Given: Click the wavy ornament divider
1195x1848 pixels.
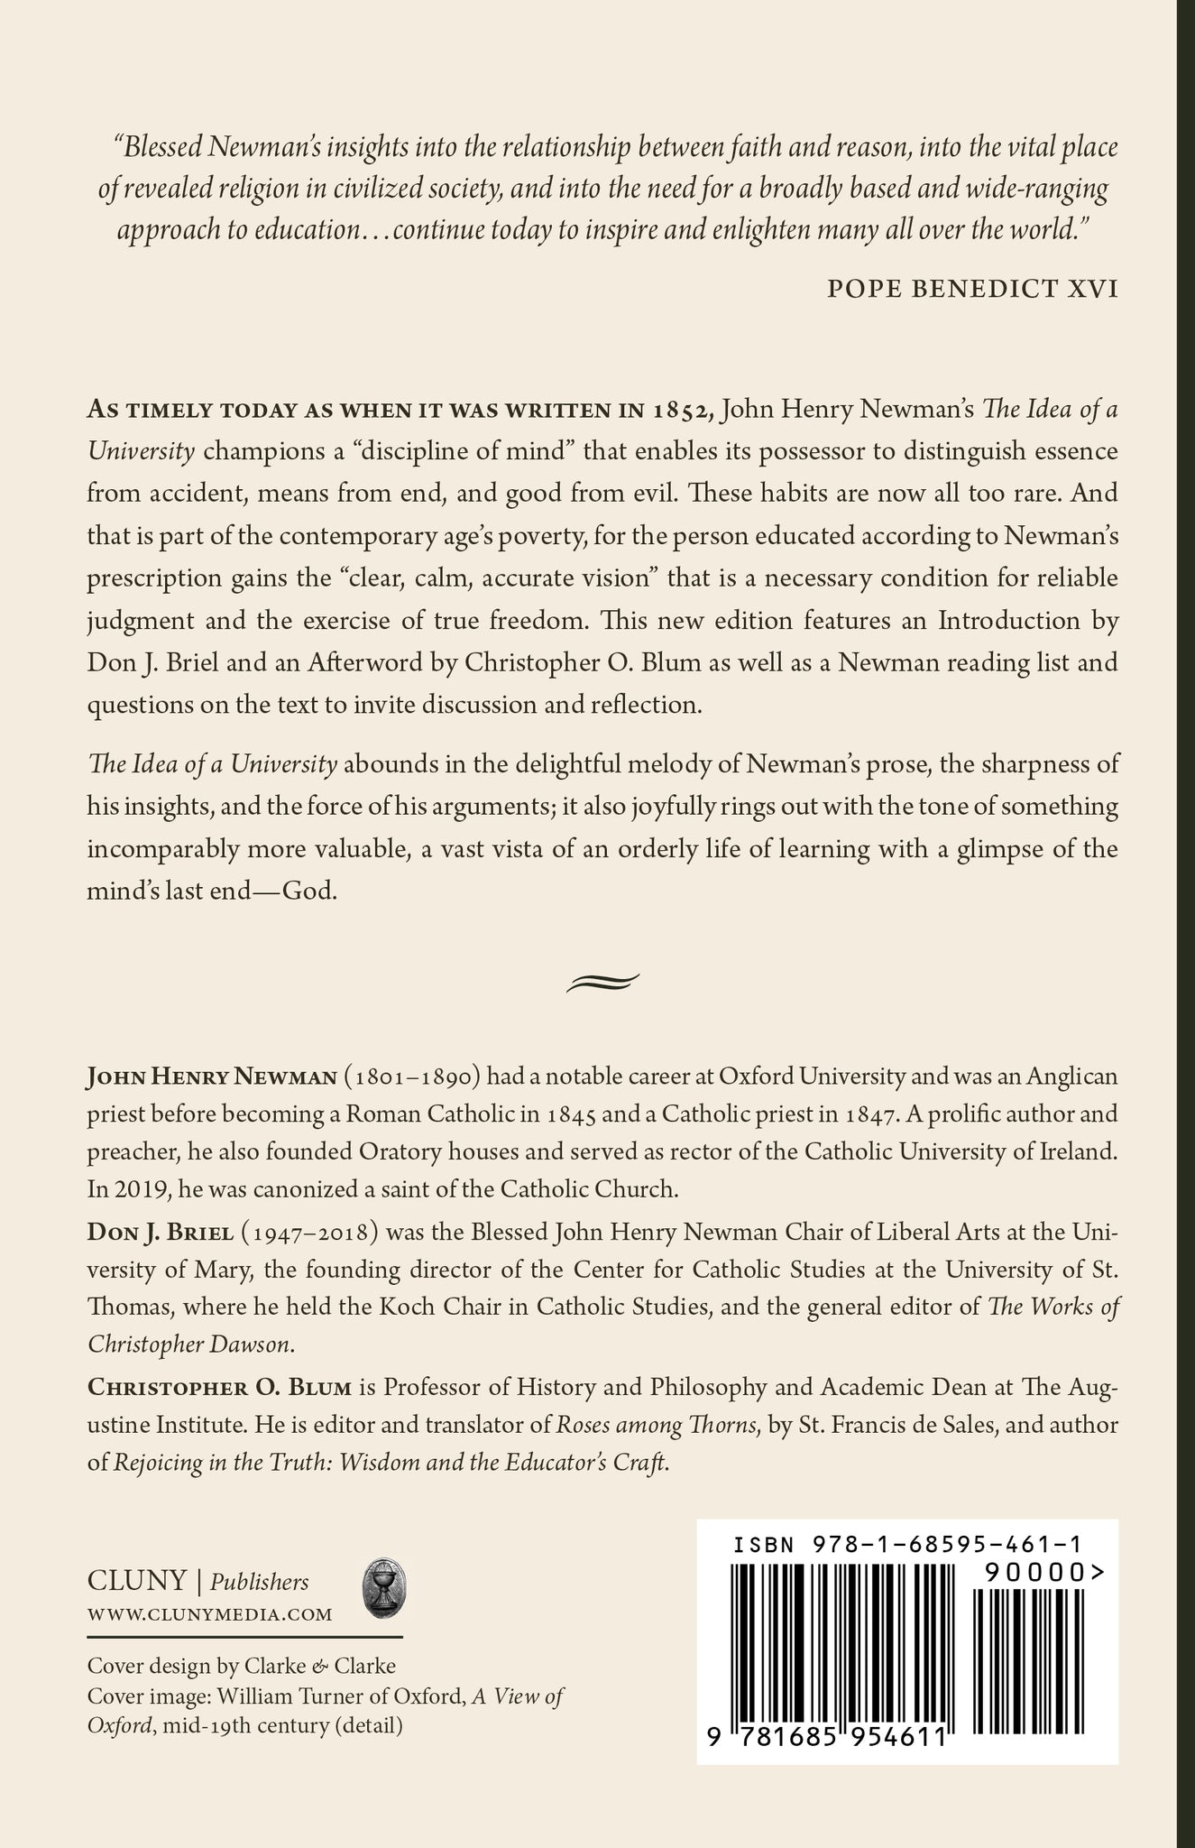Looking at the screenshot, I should [x=602, y=983].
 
